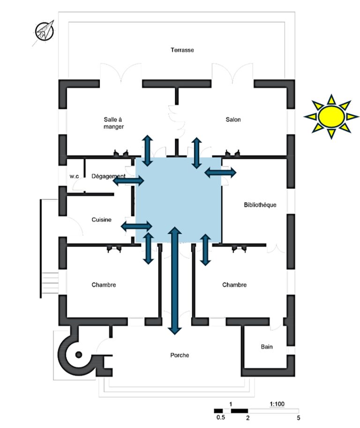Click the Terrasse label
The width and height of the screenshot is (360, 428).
tap(182, 50)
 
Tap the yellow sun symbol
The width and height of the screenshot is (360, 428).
tap(331, 117)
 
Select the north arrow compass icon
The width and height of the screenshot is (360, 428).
tap(44, 31)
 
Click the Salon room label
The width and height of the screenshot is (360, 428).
tap(233, 119)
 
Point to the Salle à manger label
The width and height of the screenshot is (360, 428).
tap(113, 123)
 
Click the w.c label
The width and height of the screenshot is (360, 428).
tap(74, 176)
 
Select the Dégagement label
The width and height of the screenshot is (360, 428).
tap(108, 176)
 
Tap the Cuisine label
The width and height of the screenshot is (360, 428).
tap(101, 219)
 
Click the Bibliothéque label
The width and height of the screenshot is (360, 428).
tap(260, 205)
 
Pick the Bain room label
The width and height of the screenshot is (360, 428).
tap(267, 346)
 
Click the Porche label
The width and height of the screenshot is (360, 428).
tap(180, 355)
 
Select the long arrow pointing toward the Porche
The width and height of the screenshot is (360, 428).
tap(175, 281)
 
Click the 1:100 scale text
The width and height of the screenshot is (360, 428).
tap(277, 404)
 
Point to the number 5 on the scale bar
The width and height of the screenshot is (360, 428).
tap(298, 418)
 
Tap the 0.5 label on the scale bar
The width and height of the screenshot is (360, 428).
tap(220, 417)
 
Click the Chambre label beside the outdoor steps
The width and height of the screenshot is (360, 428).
tap(104, 285)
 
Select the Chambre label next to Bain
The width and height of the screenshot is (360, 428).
tap(234, 285)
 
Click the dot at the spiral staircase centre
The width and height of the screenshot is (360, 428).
tap(79, 355)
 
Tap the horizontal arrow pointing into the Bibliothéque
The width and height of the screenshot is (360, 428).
tap(220, 172)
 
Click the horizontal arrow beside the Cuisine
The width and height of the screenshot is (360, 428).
tap(136, 226)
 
